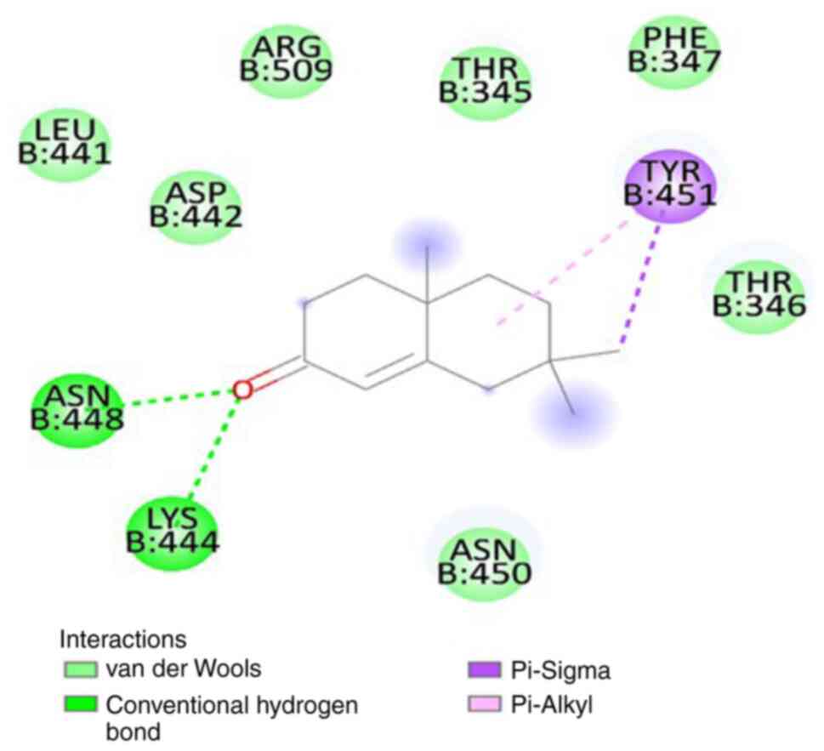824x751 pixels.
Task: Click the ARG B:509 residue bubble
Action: click(x=285, y=58)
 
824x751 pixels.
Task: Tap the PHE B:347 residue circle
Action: click(x=674, y=49)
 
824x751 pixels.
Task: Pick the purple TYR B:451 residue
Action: click(x=669, y=185)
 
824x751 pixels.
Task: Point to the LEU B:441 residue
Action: click(x=65, y=142)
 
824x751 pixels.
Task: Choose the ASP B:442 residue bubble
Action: click(x=196, y=205)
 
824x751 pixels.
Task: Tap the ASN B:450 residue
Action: click(x=485, y=560)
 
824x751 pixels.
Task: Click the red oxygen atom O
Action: click(x=243, y=389)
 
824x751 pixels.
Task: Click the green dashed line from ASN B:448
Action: click(x=179, y=395)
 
